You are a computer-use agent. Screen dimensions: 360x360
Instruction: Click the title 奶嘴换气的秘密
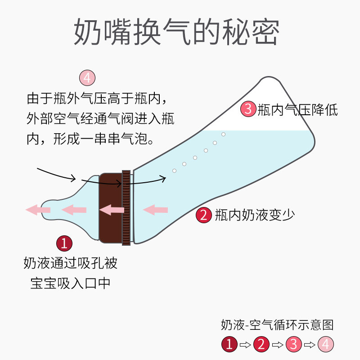176,31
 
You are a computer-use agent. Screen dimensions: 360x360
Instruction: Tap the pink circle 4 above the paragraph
87,78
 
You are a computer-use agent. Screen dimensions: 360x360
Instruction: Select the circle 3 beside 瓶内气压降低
248,108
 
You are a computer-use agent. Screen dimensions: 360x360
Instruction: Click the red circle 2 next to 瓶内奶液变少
204,215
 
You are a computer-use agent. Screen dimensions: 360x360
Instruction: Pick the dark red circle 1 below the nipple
64,243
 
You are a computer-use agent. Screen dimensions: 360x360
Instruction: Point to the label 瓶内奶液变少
255,215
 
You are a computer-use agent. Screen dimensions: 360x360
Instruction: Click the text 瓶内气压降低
297,110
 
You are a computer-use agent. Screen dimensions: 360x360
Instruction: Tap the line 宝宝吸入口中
70,283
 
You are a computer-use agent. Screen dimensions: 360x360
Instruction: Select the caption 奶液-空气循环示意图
277,325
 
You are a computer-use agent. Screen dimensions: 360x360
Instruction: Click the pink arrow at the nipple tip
38,210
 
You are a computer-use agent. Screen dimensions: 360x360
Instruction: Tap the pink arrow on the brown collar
112,210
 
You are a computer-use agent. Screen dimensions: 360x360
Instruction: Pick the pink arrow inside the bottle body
155,210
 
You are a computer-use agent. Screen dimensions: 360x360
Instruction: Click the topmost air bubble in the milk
223,134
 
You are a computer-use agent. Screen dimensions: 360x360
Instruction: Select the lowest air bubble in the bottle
174,171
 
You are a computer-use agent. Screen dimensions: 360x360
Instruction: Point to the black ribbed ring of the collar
126,208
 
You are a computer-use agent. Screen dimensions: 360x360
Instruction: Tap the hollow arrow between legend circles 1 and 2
245,345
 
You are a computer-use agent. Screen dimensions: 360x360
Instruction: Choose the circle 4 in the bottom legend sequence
326,344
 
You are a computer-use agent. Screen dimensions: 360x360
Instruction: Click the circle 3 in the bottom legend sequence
294,344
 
